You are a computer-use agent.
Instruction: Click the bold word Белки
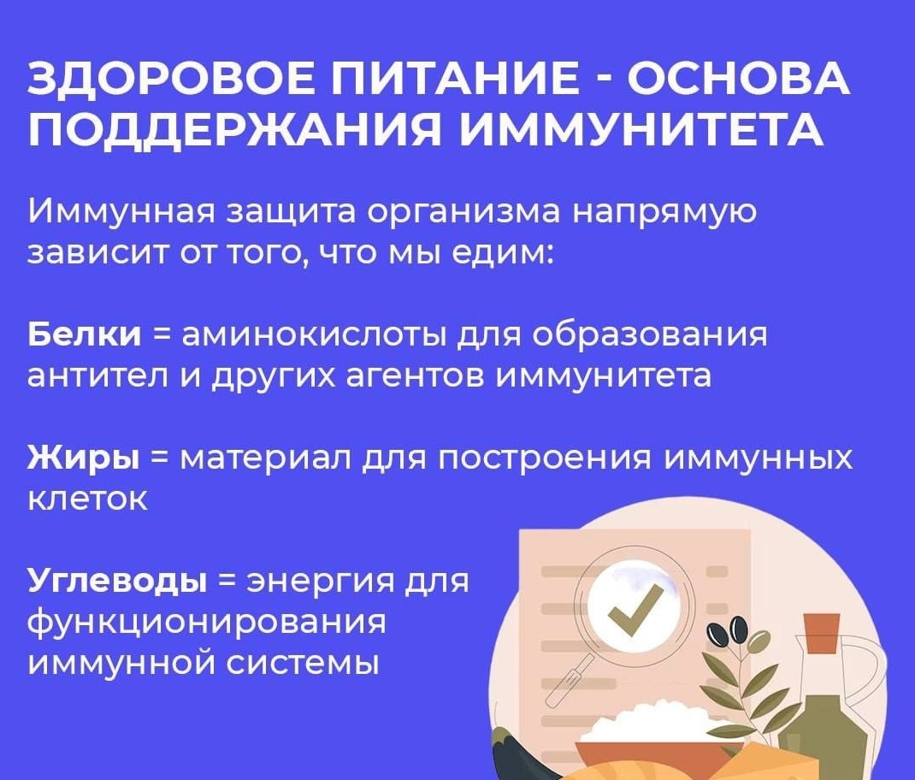(x=85, y=334)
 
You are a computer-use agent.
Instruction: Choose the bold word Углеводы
(x=117, y=582)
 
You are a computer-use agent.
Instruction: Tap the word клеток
(x=88, y=499)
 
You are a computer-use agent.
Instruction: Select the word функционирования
(x=208, y=623)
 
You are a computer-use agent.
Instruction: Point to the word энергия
(x=323, y=582)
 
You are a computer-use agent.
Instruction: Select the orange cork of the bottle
(x=822, y=633)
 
